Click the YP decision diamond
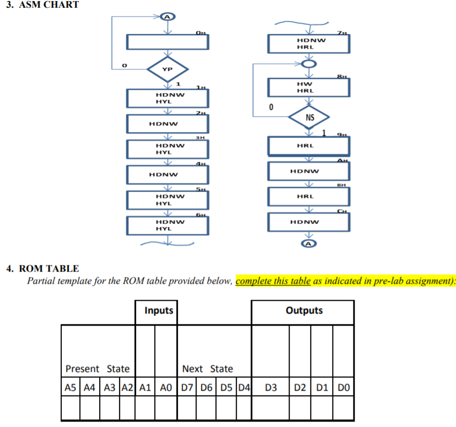(167, 69)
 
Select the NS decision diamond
(310, 117)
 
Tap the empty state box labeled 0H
(167, 42)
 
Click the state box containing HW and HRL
(309, 87)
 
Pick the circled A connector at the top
(167, 17)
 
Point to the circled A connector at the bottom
(309, 243)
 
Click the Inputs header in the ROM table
(159, 311)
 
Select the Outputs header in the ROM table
(304, 311)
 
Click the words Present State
(97, 369)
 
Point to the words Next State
(207, 369)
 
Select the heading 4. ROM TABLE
(42, 269)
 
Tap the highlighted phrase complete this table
(274, 281)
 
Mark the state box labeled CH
(309, 221)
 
